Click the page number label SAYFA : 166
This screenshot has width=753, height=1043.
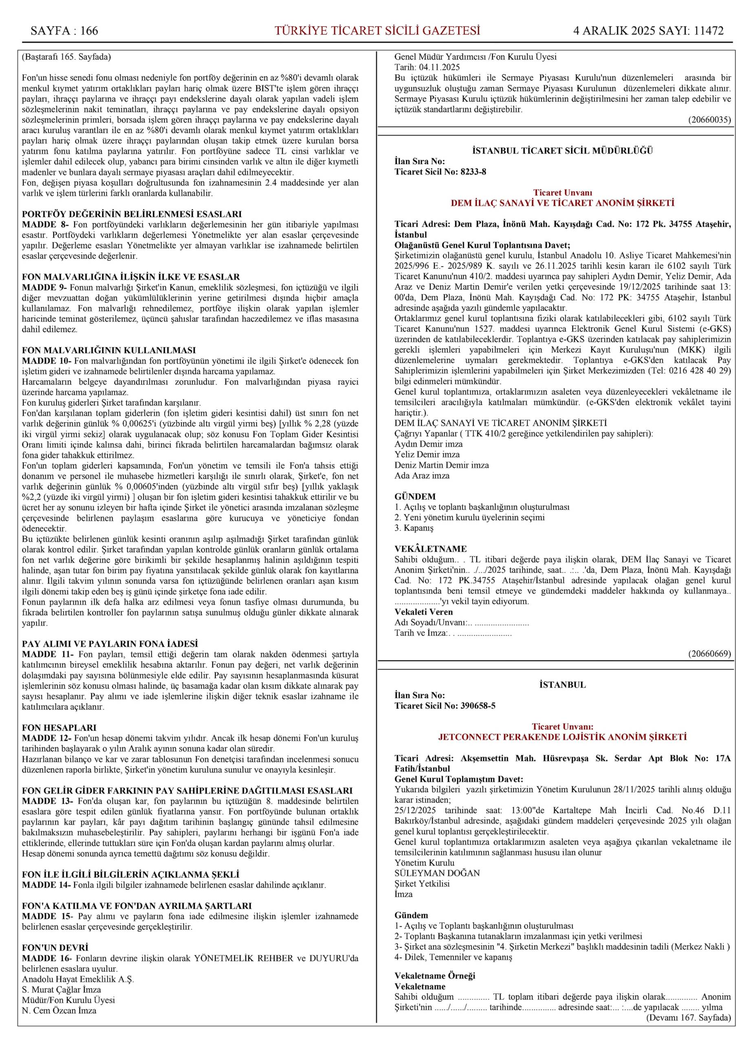click(x=64, y=31)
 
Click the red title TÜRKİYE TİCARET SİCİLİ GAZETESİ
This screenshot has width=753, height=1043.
click(x=377, y=31)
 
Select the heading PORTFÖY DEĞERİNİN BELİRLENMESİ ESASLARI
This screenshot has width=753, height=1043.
click(x=132, y=214)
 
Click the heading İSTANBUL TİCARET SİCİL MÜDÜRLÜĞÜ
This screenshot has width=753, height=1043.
click(x=562, y=150)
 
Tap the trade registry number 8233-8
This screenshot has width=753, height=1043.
click(x=473, y=172)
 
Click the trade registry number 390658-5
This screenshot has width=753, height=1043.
click(x=478, y=706)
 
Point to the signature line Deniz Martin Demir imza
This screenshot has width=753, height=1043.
click(x=442, y=465)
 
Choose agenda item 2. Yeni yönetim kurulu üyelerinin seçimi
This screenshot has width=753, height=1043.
click(x=469, y=517)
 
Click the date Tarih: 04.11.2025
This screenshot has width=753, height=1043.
click(x=421, y=68)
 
